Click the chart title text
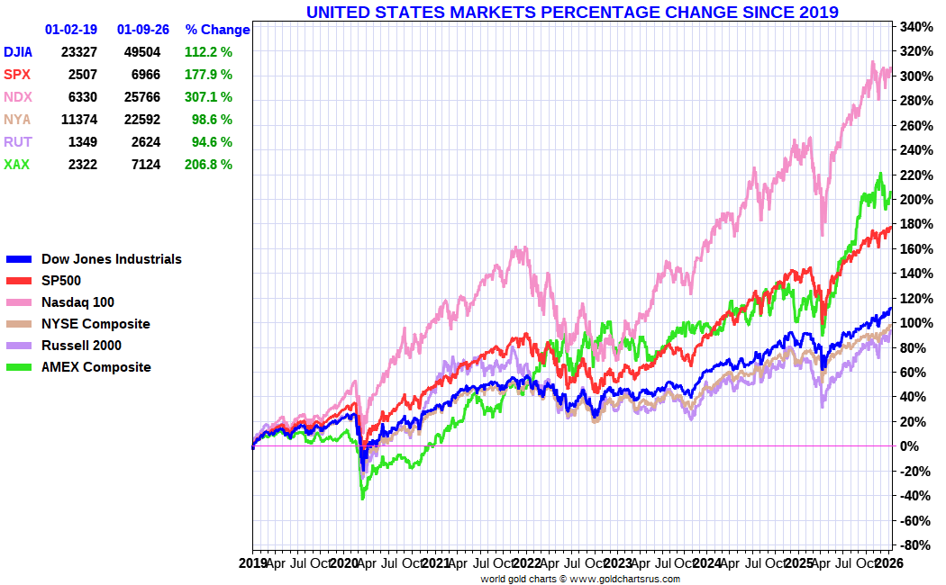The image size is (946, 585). pyautogui.click(x=572, y=12)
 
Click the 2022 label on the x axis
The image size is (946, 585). pyautogui.click(x=527, y=563)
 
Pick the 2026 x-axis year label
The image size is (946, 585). pyautogui.click(x=890, y=563)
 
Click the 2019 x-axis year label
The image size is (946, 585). pyautogui.click(x=253, y=563)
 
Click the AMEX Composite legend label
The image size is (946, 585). pyautogui.click(x=96, y=367)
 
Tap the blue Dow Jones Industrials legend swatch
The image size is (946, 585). pyautogui.click(x=19, y=259)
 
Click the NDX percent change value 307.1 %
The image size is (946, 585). pyautogui.click(x=208, y=97)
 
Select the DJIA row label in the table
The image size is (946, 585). pyautogui.click(x=18, y=52)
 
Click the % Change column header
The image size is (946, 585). pyautogui.click(x=217, y=30)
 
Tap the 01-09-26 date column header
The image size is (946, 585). pyautogui.click(x=142, y=30)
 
